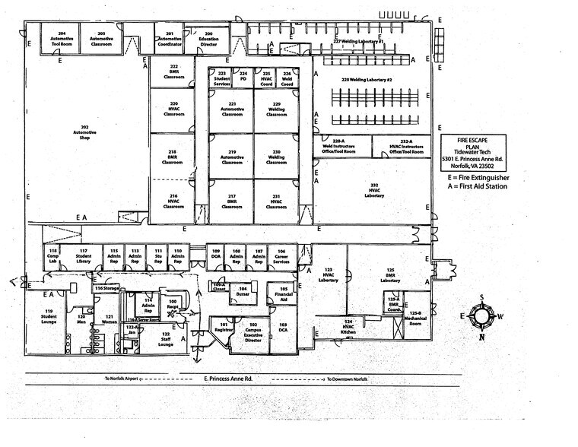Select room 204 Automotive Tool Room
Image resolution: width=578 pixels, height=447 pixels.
[x=62, y=37]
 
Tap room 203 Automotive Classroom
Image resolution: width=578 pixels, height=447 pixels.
[x=101, y=37]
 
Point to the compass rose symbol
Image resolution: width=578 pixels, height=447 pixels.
[x=480, y=315]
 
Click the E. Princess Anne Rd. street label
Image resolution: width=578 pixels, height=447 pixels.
[x=227, y=378]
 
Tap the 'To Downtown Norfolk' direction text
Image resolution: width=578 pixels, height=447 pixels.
[x=347, y=378]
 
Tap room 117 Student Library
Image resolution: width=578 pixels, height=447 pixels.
[x=84, y=256]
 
